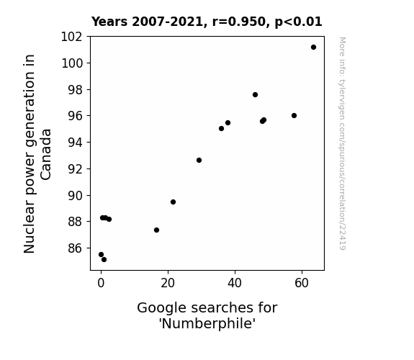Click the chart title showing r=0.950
207,22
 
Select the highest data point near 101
313,48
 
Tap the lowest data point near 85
104,260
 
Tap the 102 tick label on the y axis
71,37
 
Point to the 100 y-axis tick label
71,63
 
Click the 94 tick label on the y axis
75,143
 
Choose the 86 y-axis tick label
75,248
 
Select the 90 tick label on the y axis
75,195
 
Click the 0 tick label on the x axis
101,283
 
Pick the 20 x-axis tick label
168,283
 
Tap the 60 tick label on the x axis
302,283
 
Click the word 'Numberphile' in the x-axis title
207,323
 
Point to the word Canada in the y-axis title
45,155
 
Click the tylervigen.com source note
342,143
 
